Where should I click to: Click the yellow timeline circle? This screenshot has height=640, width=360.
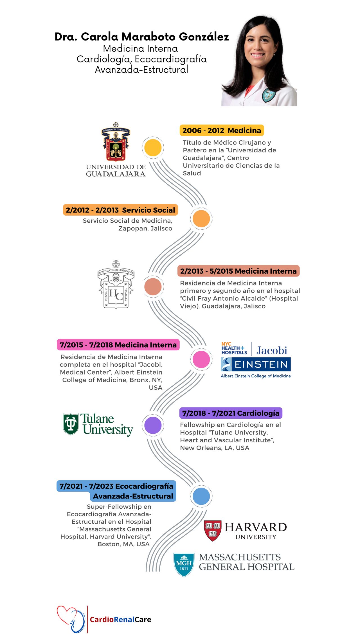pos(153,148)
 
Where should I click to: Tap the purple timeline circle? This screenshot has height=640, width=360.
pos(153,425)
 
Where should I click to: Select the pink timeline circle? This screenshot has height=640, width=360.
pos(201,359)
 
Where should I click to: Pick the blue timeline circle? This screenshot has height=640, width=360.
pos(201,496)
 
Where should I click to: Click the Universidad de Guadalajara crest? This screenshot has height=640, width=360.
pos(116,143)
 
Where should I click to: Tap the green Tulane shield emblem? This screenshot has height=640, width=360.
pos(71,424)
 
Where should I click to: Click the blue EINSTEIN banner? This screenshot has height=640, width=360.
pos(256,364)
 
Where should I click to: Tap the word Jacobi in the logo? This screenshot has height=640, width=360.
pos(272,350)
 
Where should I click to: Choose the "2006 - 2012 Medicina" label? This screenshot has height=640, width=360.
pos(222,130)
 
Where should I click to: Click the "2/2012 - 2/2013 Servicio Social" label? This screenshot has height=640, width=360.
pos(120,210)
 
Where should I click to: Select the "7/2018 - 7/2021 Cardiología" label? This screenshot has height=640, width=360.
pos(231,413)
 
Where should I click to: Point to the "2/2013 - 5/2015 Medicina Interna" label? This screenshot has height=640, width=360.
pos(238,271)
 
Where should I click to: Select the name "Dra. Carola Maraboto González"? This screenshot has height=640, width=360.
pos(142,37)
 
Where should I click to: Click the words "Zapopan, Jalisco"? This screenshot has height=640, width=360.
pos(145,228)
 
